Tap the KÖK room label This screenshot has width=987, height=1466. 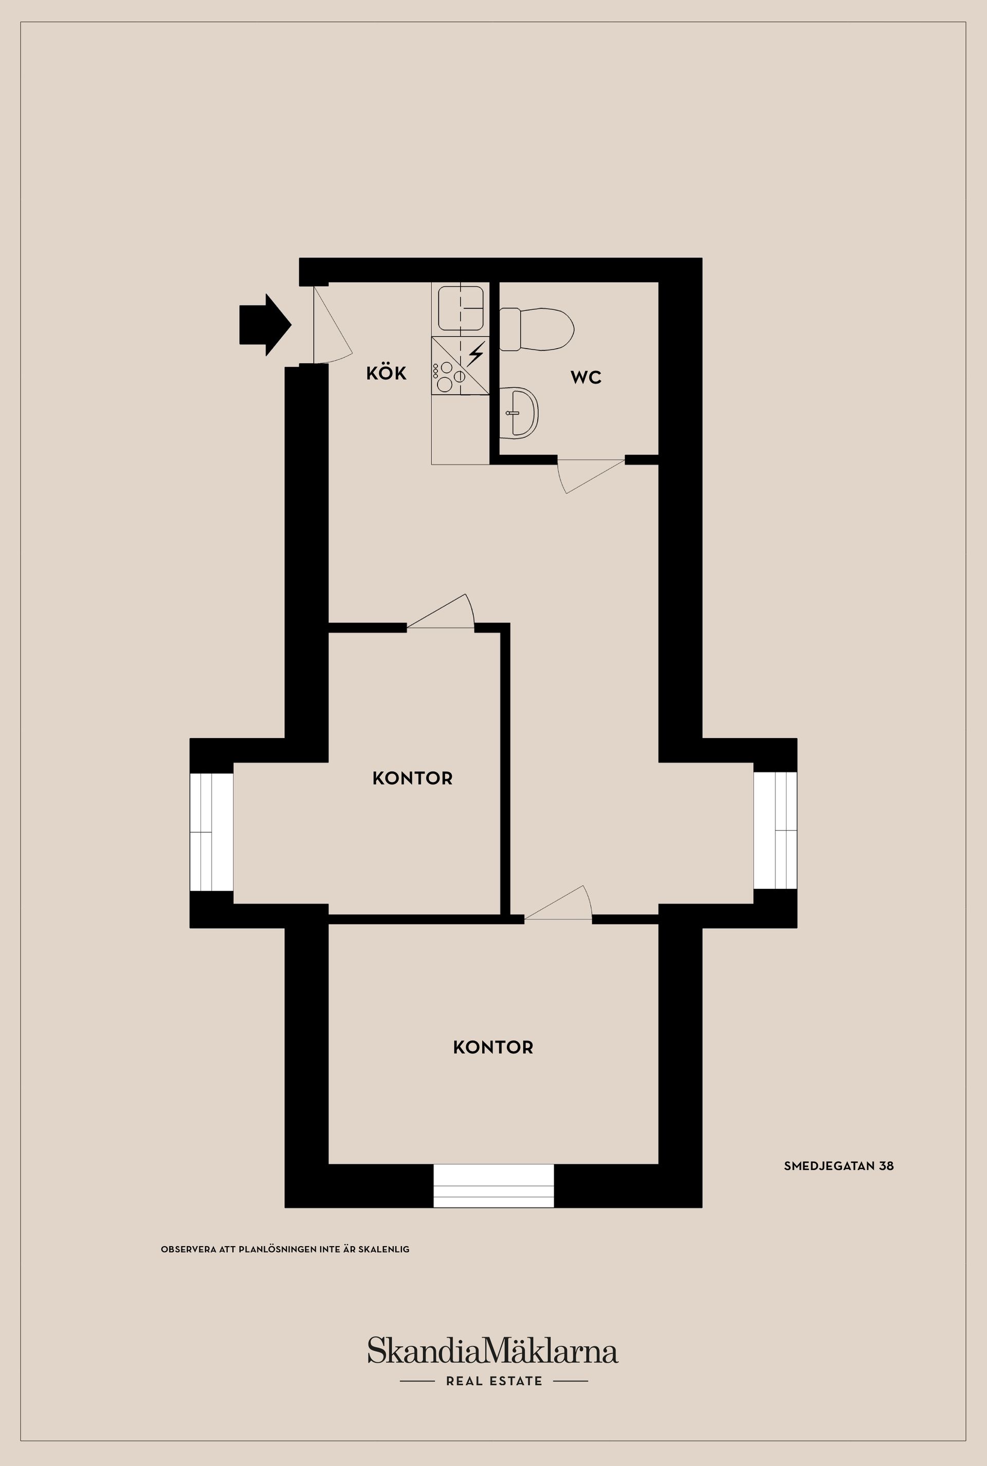point(387,373)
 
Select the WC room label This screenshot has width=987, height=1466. point(586,378)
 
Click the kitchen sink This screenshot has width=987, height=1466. point(460,308)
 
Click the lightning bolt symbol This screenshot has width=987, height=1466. point(476,354)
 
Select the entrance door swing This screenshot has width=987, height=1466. point(331,327)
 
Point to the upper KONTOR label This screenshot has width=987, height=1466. point(412,779)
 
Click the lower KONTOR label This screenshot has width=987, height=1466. point(493,1048)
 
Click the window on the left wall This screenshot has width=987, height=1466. point(211,832)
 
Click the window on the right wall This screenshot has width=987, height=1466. point(776,830)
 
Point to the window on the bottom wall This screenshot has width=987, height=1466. point(493,1186)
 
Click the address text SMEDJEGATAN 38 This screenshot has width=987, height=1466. point(838,1166)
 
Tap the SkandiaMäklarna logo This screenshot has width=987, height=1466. point(493,1352)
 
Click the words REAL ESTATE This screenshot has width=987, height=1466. point(494,1381)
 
